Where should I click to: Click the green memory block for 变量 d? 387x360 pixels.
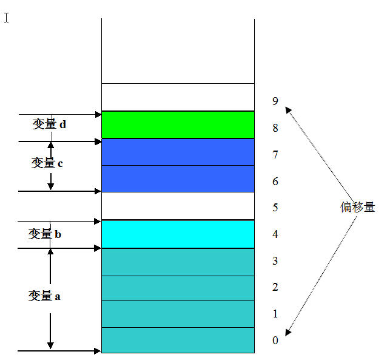177,124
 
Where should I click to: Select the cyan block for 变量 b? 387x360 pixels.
177,234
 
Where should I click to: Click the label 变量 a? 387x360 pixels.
44,296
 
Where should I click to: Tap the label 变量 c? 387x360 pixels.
47,163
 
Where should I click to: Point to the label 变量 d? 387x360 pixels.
49,124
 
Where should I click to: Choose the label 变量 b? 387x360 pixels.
44,234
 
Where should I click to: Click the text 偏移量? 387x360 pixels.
357,208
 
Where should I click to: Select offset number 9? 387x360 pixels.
275,101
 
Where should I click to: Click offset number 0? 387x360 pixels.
275,341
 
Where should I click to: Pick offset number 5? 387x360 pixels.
275,208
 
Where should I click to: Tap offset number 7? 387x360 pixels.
275,155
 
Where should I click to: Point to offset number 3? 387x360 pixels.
275,261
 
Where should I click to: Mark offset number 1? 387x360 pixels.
275,314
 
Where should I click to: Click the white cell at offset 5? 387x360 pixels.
177,205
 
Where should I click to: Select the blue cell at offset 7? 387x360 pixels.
177,152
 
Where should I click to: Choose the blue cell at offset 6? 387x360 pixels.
177,178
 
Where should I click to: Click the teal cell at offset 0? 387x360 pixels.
177,339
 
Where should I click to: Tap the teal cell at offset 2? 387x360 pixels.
177,288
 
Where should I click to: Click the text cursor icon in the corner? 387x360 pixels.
7,17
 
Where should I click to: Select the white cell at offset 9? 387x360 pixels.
177,97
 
